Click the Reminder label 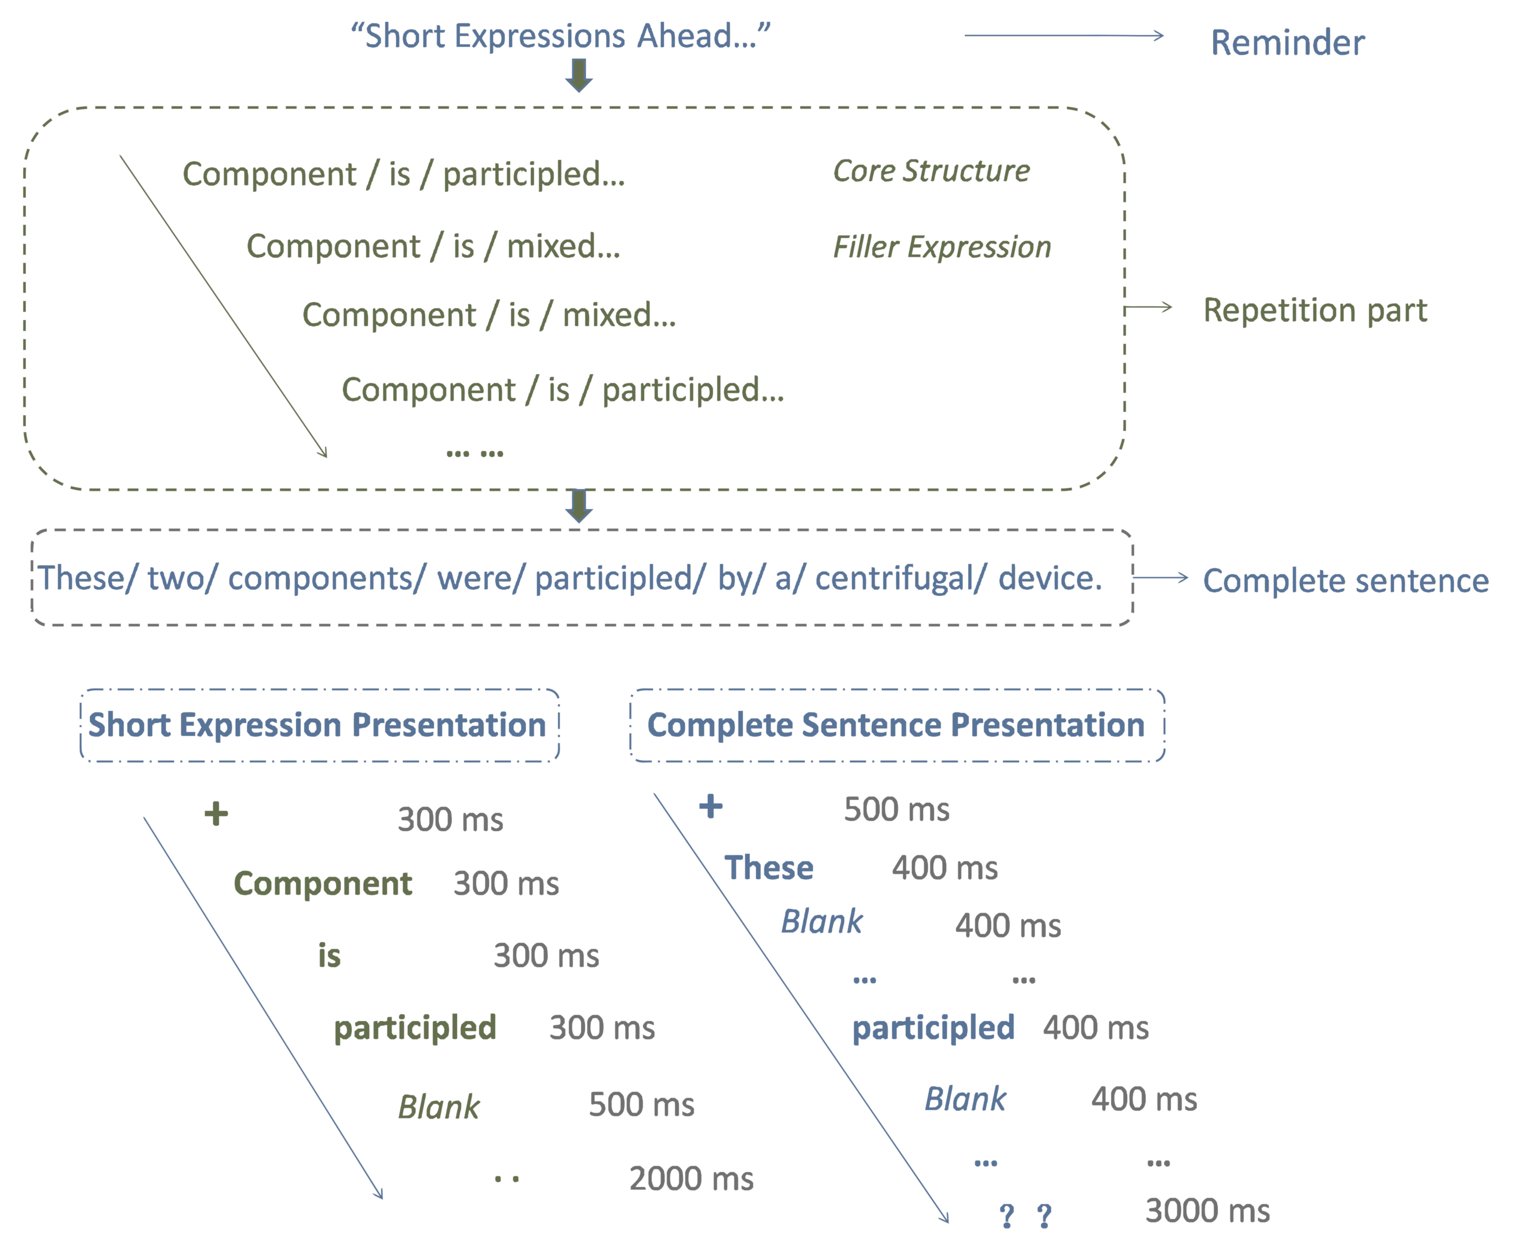pyautogui.click(x=1287, y=43)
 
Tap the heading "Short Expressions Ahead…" pyautogui.click(x=560, y=36)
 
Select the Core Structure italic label pyautogui.click(x=931, y=171)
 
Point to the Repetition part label pyautogui.click(x=1314, y=310)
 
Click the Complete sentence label pyautogui.click(x=1345, y=580)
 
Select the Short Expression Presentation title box pyautogui.click(x=319, y=725)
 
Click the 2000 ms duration pyautogui.click(x=691, y=1179)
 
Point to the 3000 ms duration pyautogui.click(x=1207, y=1211)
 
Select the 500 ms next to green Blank pyautogui.click(x=641, y=1105)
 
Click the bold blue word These pyautogui.click(x=769, y=868)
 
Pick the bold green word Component pyautogui.click(x=322, y=883)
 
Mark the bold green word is pyautogui.click(x=329, y=955)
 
